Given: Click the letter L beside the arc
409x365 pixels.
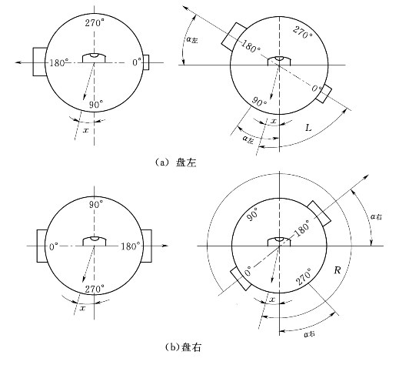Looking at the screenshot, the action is pyautogui.click(x=308, y=128).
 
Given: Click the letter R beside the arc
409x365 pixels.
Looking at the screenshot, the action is pyautogui.click(x=338, y=270).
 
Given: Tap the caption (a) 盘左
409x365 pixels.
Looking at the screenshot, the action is pyautogui.click(x=175, y=162).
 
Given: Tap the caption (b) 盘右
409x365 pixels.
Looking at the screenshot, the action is pyautogui.click(x=184, y=347).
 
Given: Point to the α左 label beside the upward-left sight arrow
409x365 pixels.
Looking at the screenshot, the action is pyautogui.click(x=192, y=40).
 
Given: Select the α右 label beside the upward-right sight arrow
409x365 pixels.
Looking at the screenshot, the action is pyautogui.click(x=376, y=216).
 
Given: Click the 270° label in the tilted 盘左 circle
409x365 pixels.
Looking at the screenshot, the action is pyautogui.click(x=303, y=32).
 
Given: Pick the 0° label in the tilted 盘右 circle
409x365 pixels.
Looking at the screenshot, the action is pyautogui.click(x=248, y=272).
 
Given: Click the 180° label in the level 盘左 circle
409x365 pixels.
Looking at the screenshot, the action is pyautogui.click(x=59, y=62).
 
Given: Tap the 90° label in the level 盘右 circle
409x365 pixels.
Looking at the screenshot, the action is pyautogui.click(x=96, y=205).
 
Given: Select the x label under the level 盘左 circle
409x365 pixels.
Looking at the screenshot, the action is pyautogui.click(x=85, y=130).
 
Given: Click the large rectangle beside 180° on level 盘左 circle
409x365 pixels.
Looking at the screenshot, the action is pyautogui.click(x=40, y=62).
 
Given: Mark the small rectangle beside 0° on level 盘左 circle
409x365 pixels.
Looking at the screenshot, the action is pyautogui.click(x=146, y=62).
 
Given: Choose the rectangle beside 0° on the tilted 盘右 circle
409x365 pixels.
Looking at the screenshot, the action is pyautogui.click(x=240, y=279).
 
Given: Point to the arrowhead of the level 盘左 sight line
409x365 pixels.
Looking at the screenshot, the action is pyautogui.click(x=18, y=62).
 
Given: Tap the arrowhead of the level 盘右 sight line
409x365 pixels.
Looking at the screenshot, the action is pyautogui.click(x=165, y=246).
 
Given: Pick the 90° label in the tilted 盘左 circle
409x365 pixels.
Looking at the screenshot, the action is pyautogui.click(x=259, y=102).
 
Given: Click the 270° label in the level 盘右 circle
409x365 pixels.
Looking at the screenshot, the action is pyautogui.click(x=95, y=289).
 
